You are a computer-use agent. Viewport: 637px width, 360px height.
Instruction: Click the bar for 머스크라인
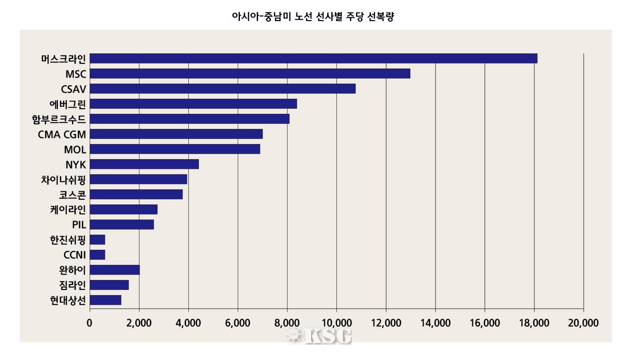tap(313, 58)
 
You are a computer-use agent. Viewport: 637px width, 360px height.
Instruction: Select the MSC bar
tap(250, 74)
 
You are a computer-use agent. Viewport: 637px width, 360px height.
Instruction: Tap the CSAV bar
tap(223, 89)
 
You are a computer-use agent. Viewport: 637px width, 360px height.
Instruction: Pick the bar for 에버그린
tap(193, 104)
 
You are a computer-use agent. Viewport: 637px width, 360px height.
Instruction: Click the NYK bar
tap(144, 164)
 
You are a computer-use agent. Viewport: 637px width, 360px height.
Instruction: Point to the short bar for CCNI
tap(98, 255)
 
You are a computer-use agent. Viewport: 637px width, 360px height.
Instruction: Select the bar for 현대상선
tap(106, 300)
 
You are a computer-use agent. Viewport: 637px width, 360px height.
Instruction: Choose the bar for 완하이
tap(115, 270)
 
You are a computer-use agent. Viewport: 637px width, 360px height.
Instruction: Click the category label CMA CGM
tap(62, 134)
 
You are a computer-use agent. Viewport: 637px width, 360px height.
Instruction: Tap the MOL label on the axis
tap(75, 150)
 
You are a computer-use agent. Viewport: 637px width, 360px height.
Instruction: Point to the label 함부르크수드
tap(58, 119)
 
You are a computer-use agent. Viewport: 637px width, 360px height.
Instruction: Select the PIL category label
tap(79, 225)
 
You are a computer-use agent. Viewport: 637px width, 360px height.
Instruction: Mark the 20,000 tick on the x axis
tap(583, 323)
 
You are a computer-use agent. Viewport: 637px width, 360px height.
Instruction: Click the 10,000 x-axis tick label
tap(336, 323)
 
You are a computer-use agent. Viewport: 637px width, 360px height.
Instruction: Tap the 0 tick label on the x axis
tap(90, 323)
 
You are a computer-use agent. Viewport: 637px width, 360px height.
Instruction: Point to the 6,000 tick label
tap(238, 323)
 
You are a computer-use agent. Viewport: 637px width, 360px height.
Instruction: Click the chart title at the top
tap(313, 17)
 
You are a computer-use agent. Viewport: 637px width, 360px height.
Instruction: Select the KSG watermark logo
tap(319, 336)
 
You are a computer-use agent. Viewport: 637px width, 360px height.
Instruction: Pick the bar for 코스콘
tap(136, 194)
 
